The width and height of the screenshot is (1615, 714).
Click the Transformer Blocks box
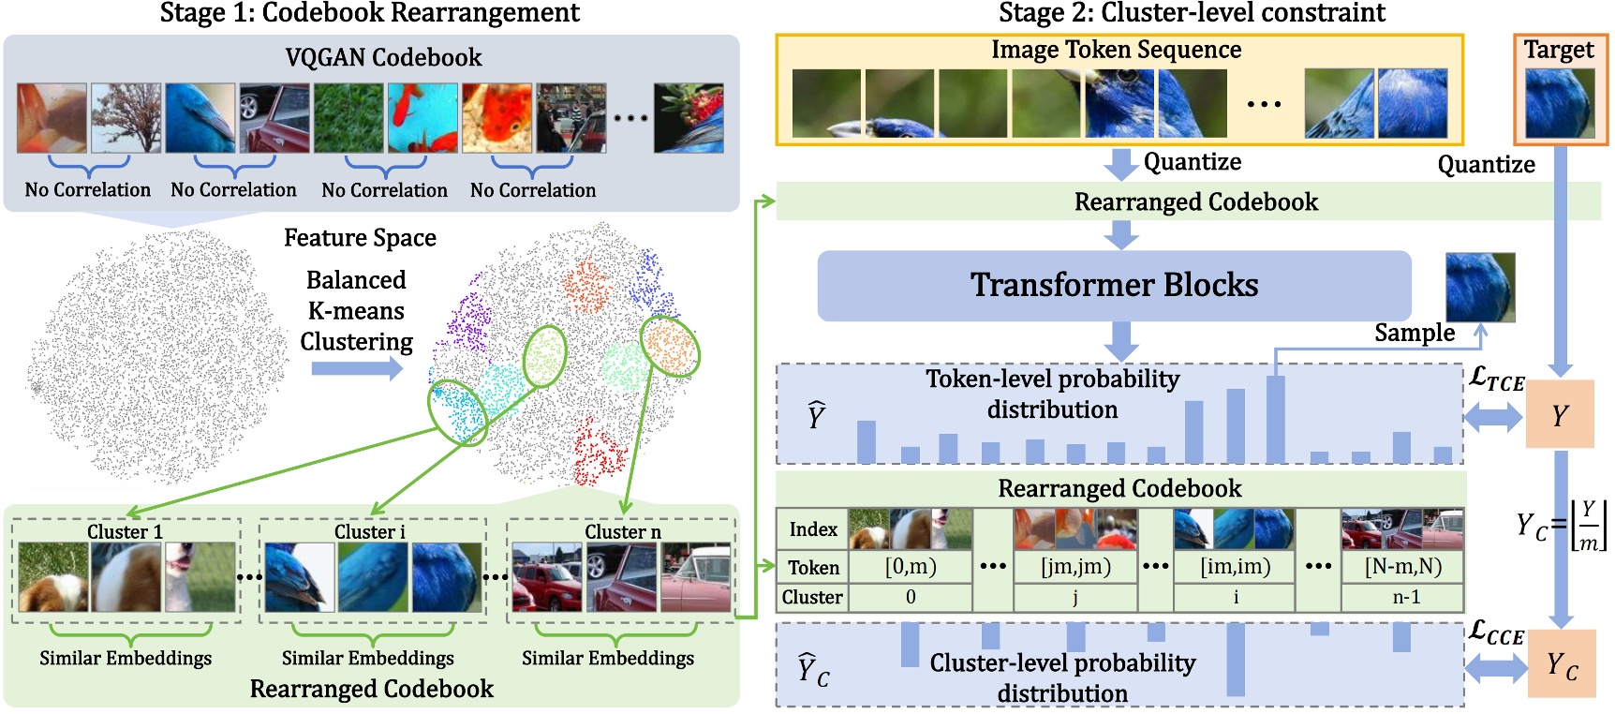[x=1114, y=285]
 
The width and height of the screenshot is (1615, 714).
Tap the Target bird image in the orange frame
[x=1560, y=103]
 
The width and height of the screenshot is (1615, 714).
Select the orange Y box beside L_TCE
[x=1560, y=414]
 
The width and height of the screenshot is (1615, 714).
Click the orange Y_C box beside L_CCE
[x=1561, y=665]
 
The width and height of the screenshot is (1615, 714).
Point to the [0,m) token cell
[x=910, y=567]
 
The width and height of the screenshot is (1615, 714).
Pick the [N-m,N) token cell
[x=1402, y=567]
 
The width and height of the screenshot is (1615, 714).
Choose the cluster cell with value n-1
[x=1402, y=597]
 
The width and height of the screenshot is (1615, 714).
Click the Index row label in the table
[x=812, y=529]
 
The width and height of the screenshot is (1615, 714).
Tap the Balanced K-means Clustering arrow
[x=357, y=368]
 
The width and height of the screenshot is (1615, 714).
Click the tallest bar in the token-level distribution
[x=1275, y=419]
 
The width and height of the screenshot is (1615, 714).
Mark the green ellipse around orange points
[x=670, y=347]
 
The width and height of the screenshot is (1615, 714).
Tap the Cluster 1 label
[x=125, y=531]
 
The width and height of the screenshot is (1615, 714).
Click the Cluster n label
[x=623, y=531]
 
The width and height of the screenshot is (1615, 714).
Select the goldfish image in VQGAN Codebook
[x=496, y=118]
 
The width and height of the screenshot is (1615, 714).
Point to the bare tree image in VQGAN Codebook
[x=126, y=118]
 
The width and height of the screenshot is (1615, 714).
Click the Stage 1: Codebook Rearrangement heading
[x=369, y=13]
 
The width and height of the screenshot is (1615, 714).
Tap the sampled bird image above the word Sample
[x=1479, y=287]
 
